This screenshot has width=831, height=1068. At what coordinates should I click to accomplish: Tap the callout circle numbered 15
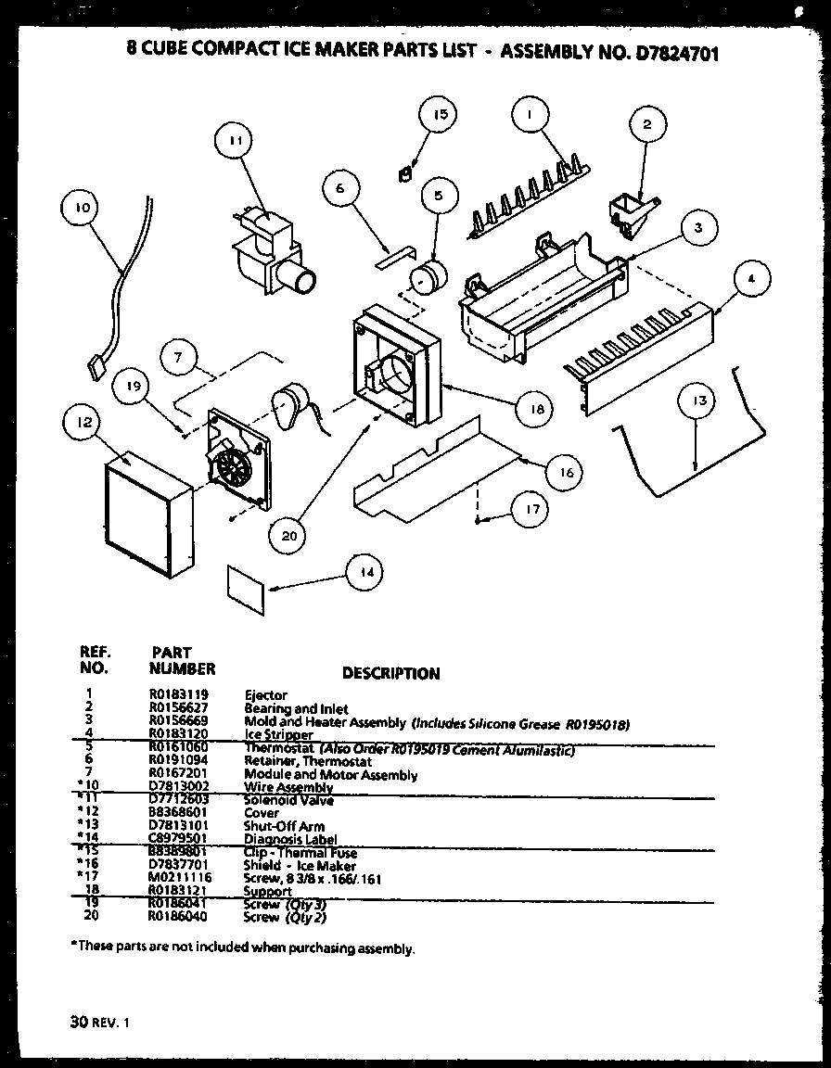441,115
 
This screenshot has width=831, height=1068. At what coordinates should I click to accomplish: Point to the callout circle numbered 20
288,535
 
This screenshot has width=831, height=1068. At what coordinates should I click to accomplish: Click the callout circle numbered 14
368,573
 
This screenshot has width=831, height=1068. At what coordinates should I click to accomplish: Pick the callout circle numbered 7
180,355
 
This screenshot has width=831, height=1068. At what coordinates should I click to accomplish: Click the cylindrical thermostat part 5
428,276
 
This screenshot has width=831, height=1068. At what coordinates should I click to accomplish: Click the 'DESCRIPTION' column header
390,674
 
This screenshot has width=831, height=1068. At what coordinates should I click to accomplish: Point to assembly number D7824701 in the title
666,53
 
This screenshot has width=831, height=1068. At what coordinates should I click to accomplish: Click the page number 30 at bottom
77,1023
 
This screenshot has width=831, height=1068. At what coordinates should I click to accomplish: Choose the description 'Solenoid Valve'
288,800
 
